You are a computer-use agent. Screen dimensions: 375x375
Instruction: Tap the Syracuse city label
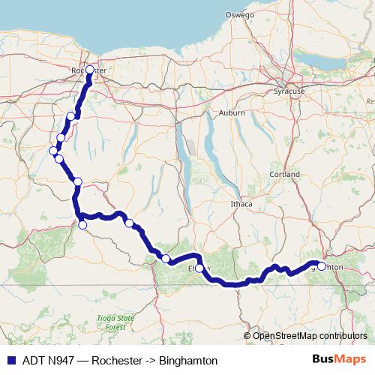pyautogui.click(x=289, y=91)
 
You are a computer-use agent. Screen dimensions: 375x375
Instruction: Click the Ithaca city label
pyautogui.click(x=242, y=203)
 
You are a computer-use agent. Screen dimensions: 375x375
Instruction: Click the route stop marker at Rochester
pyautogui.click(x=89, y=70)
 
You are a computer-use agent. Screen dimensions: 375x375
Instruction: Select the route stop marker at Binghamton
pyautogui.click(x=322, y=266)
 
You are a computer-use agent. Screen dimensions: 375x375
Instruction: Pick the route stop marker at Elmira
pyautogui.click(x=199, y=268)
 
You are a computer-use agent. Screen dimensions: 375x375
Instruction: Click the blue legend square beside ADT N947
pyautogui.click(x=7, y=360)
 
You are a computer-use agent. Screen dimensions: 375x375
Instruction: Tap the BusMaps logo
pyautogui.click(x=339, y=360)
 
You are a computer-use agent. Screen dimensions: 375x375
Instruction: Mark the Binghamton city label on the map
pyautogui.click(x=330, y=266)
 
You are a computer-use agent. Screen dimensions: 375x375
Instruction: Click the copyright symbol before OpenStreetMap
pyautogui.click(x=247, y=335)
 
